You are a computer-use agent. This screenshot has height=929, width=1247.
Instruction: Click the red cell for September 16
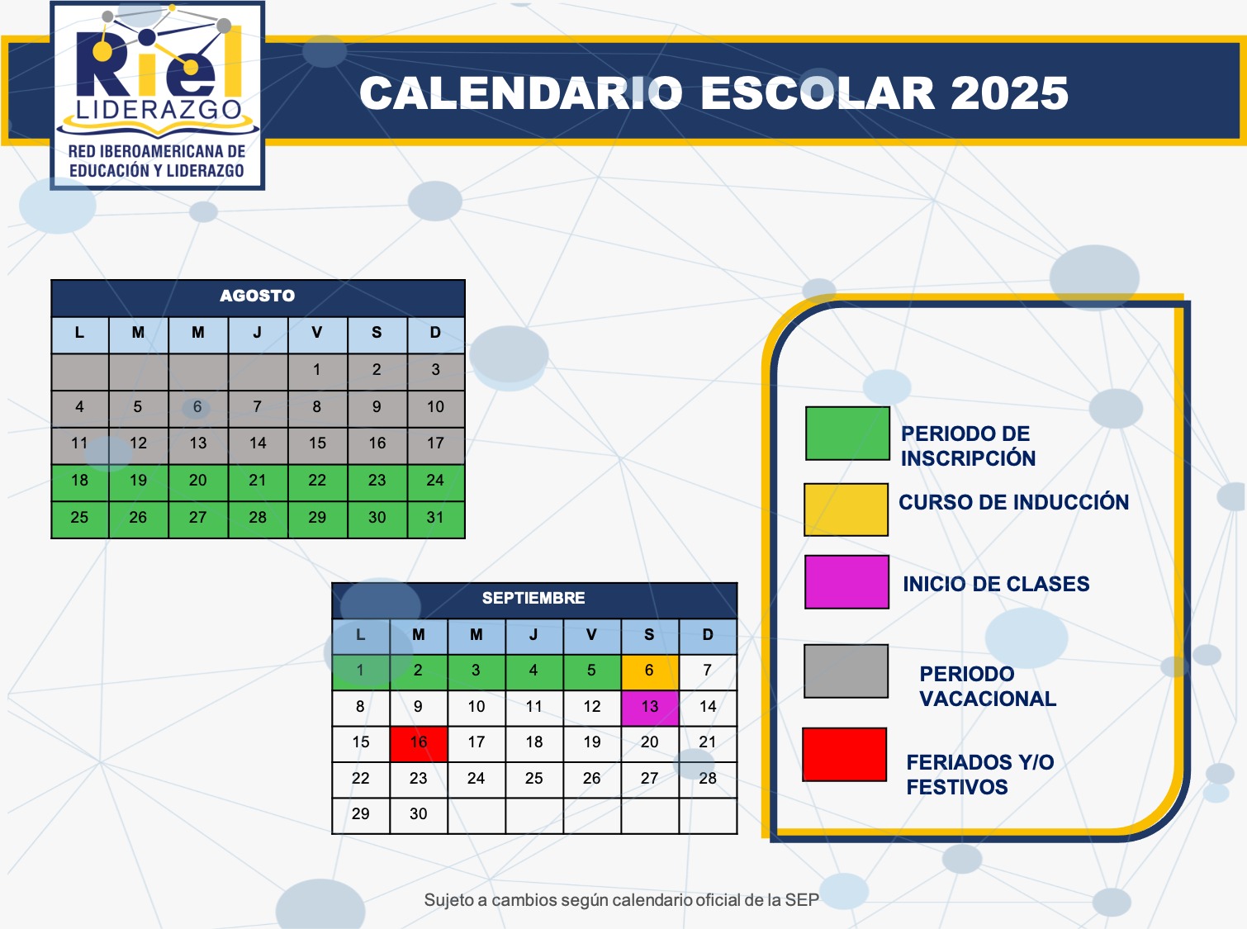click(x=419, y=743)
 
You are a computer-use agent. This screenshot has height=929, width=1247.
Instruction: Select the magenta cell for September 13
click(x=650, y=708)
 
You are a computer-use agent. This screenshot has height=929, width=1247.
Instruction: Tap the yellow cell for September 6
click(x=650, y=672)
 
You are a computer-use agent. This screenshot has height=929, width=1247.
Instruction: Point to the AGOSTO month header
click(x=258, y=296)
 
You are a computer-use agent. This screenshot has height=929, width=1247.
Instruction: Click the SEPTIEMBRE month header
click(x=533, y=599)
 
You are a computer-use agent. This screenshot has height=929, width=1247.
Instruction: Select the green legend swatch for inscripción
click(x=847, y=434)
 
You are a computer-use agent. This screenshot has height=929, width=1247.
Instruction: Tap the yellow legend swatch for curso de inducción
click(x=846, y=510)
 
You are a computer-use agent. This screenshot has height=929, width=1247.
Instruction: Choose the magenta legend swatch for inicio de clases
click(x=846, y=582)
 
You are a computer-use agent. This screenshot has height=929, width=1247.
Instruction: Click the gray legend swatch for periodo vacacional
click(x=846, y=671)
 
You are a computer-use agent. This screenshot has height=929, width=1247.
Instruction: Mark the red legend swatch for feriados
click(x=845, y=755)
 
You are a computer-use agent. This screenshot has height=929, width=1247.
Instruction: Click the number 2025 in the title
click(x=1009, y=93)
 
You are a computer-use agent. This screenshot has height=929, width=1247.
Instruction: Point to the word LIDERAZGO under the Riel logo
click(x=159, y=110)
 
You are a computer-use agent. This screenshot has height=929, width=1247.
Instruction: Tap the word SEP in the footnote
click(x=802, y=900)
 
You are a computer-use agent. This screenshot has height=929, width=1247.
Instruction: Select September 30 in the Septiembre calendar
click(x=419, y=814)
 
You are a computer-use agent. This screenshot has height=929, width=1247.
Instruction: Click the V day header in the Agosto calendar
click(x=317, y=334)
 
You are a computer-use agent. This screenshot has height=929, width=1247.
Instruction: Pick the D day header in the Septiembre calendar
click(x=708, y=636)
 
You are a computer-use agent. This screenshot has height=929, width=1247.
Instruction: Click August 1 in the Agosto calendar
click(x=317, y=371)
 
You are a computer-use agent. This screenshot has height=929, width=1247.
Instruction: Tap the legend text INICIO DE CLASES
click(x=996, y=585)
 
